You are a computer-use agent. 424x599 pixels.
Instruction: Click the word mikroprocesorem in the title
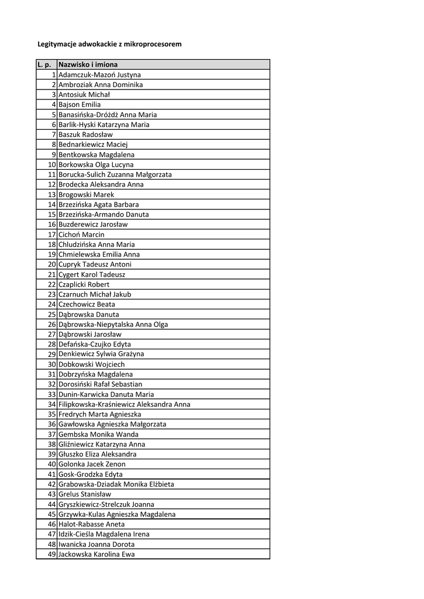[154, 44]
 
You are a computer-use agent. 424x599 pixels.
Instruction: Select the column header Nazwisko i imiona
[88, 64]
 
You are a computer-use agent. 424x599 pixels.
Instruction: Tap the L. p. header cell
[44, 64]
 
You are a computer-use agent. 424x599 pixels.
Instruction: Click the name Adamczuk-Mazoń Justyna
[99, 75]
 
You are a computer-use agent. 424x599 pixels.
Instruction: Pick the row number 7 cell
[53, 135]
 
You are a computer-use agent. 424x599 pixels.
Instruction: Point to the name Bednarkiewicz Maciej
[93, 144]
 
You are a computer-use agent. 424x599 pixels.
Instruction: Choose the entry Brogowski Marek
[87, 195]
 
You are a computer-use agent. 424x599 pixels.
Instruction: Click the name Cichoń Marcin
[81, 235]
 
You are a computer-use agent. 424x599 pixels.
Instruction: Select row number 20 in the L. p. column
[52, 264]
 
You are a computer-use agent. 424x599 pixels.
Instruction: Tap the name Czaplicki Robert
[84, 284]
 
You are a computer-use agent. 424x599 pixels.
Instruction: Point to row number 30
[52, 364]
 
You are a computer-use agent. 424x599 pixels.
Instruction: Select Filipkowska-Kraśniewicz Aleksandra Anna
[124, 404]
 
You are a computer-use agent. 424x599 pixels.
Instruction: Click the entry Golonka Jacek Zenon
[92, 464]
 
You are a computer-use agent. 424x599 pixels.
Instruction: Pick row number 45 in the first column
[52, 514]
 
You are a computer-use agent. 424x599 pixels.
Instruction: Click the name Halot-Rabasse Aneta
[91, 524]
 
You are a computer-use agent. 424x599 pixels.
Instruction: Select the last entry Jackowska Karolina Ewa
[96, 554]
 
